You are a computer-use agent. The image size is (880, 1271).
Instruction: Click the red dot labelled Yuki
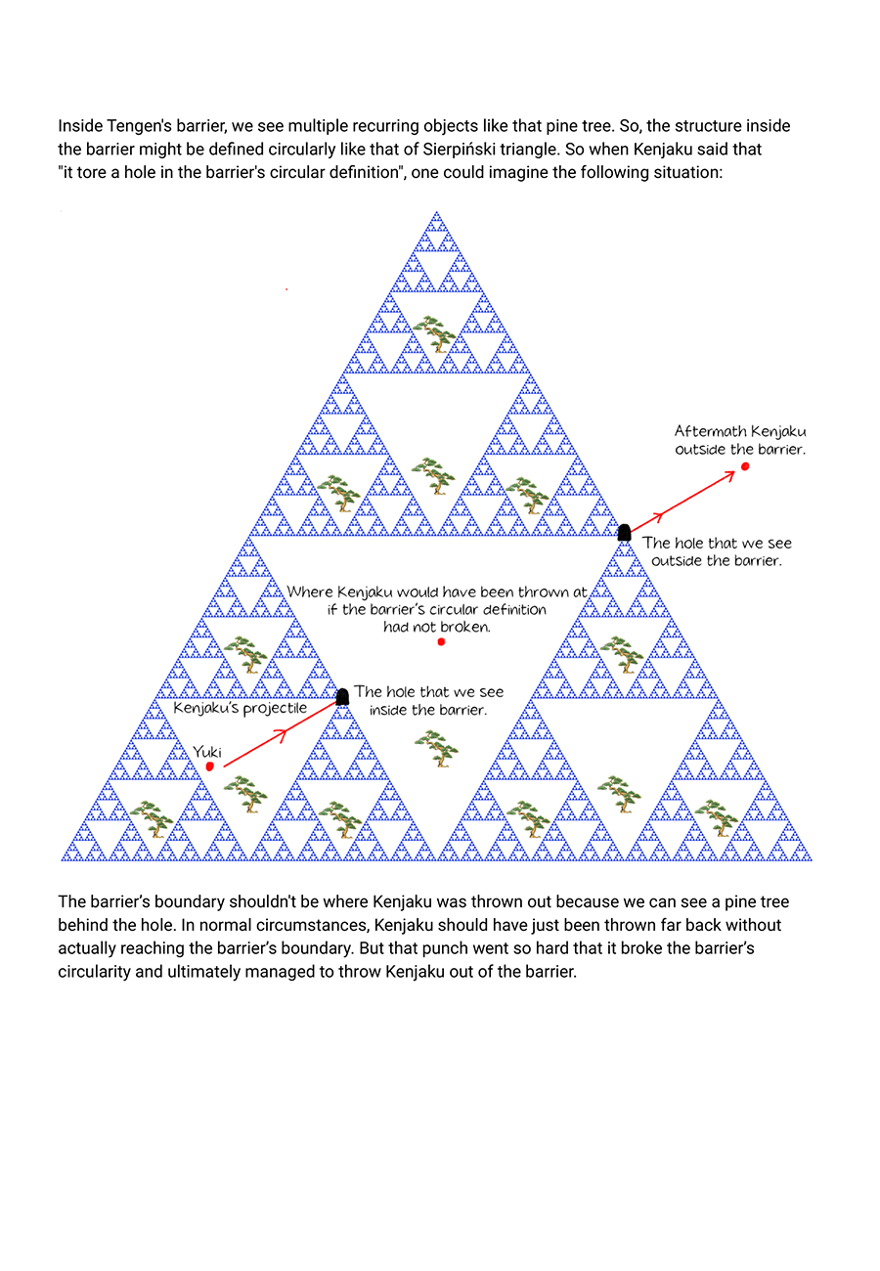(x=209, y=767)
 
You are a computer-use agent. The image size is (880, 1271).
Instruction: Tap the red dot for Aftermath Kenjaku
(x=745, y=466)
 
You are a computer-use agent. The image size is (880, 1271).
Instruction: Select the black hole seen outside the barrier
(x=624, y=533)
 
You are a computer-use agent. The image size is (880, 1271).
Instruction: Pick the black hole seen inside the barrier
(x=342, y=697)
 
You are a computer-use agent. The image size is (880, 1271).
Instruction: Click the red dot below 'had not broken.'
(x=441, y=641)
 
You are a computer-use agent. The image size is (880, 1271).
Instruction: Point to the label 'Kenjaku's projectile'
(x=240, y=708)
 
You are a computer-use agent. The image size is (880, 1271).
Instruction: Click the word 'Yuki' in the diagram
(x=207, y=752)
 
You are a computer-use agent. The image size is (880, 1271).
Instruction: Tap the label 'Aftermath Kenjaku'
(x=740, y=431)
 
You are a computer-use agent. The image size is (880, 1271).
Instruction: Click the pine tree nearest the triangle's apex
(x=434, y=333)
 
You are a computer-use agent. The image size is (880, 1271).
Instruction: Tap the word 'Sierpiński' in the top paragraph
(x=459, y=150)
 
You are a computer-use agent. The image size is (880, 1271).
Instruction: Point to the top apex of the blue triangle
(x=436, y=211)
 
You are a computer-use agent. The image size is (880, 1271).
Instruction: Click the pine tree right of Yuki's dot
(x=245, y=794)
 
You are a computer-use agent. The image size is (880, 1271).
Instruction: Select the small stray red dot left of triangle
(x=286, y=289)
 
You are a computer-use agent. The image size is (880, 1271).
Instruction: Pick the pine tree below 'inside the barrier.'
(x=436, y=748)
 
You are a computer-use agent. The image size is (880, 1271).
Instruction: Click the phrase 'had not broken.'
(x=437, y=627)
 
